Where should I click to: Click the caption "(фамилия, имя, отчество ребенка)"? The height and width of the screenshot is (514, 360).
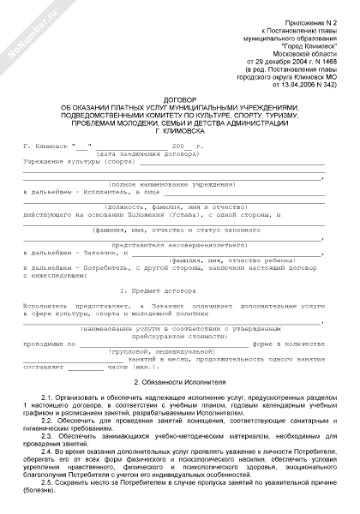(224, 260)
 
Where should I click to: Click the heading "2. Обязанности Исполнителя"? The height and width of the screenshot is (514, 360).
(180, 378)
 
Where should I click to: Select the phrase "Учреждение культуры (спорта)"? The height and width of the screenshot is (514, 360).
(78, 161)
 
